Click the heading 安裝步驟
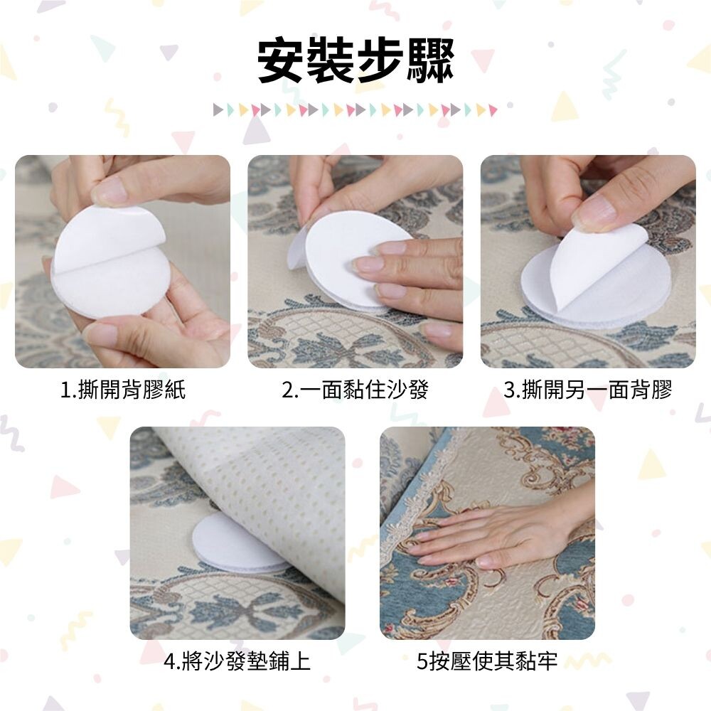click(355, 62)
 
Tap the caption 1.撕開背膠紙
click(123, 390)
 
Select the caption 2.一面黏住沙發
click(355, 390)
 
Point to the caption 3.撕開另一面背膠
click(588, 390)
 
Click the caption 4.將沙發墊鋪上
click(237, 661)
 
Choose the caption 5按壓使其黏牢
click(487, 661)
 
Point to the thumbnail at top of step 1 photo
click(109, 191)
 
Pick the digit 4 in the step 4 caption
click(170, 661)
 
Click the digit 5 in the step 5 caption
click(422, 661)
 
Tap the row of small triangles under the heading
click(355, 109)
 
